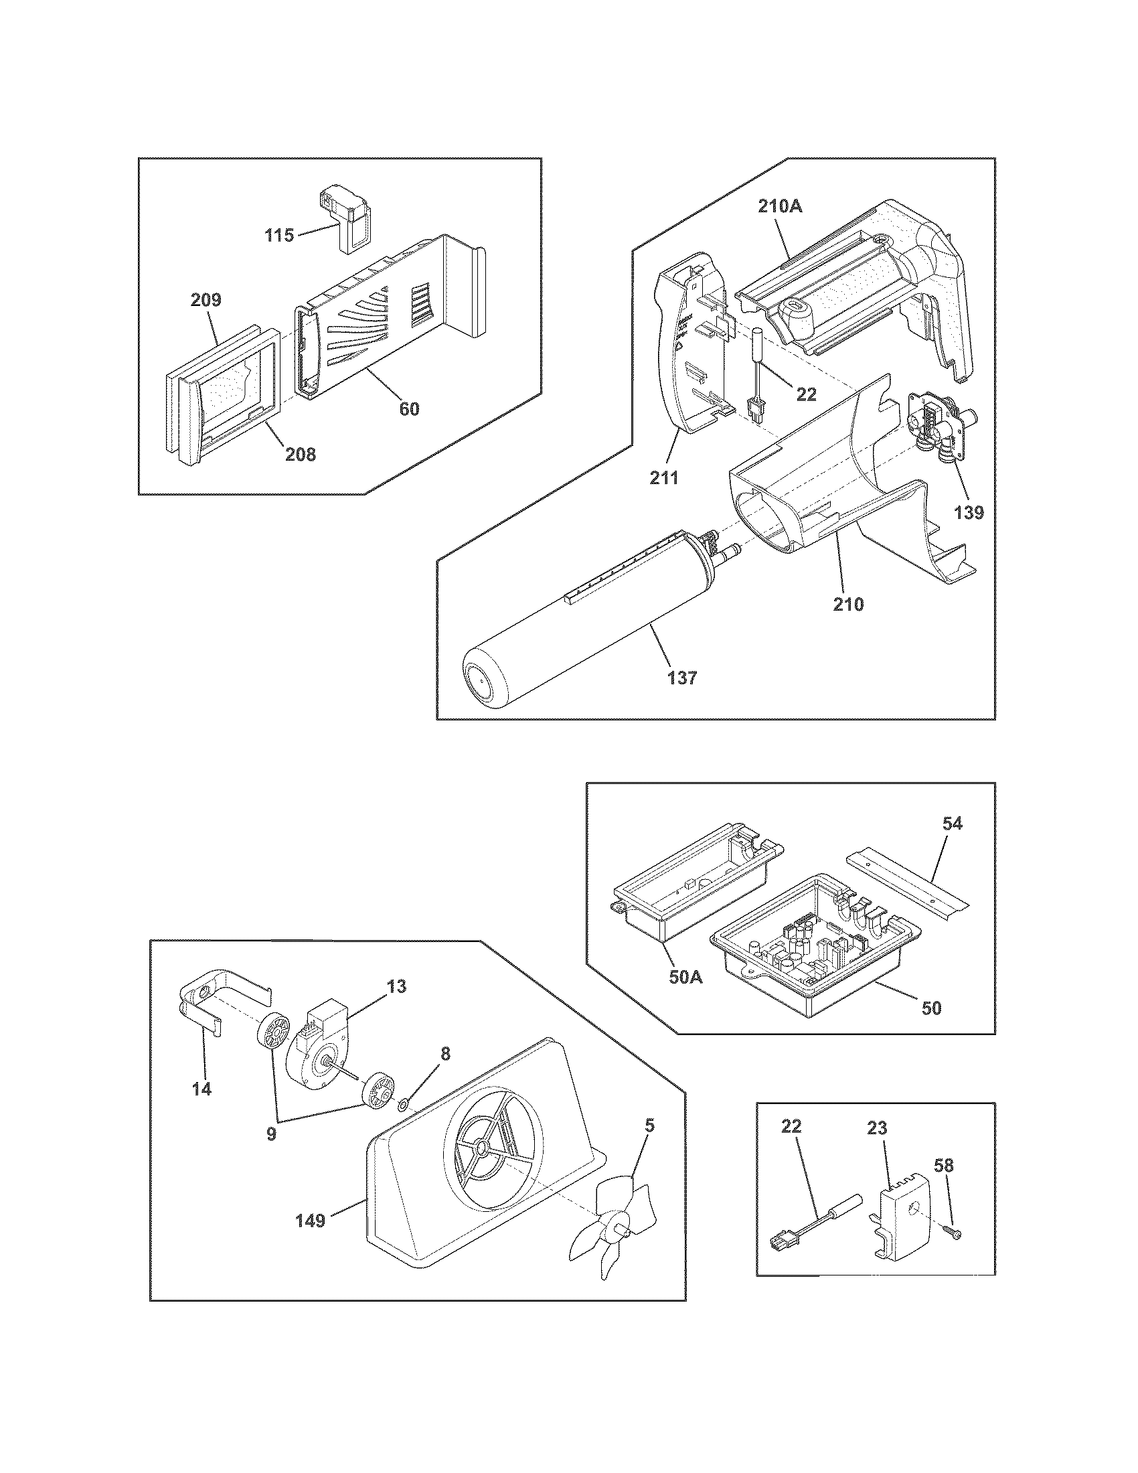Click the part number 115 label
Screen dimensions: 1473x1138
pos(278,236)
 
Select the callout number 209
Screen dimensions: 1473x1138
pos(206,299)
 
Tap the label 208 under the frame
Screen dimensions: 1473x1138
pos(300,455)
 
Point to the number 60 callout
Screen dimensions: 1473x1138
pos(409,408)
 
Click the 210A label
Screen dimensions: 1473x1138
pos(780,207)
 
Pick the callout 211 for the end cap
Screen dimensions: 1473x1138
pos(664,478)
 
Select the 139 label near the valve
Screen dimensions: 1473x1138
pos(968,513)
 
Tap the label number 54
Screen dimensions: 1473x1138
pos(952,823)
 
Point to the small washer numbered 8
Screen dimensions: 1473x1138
pos(402,1104)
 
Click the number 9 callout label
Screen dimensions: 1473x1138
pos(271,1134)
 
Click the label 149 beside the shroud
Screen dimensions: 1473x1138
pos(309,1220)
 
